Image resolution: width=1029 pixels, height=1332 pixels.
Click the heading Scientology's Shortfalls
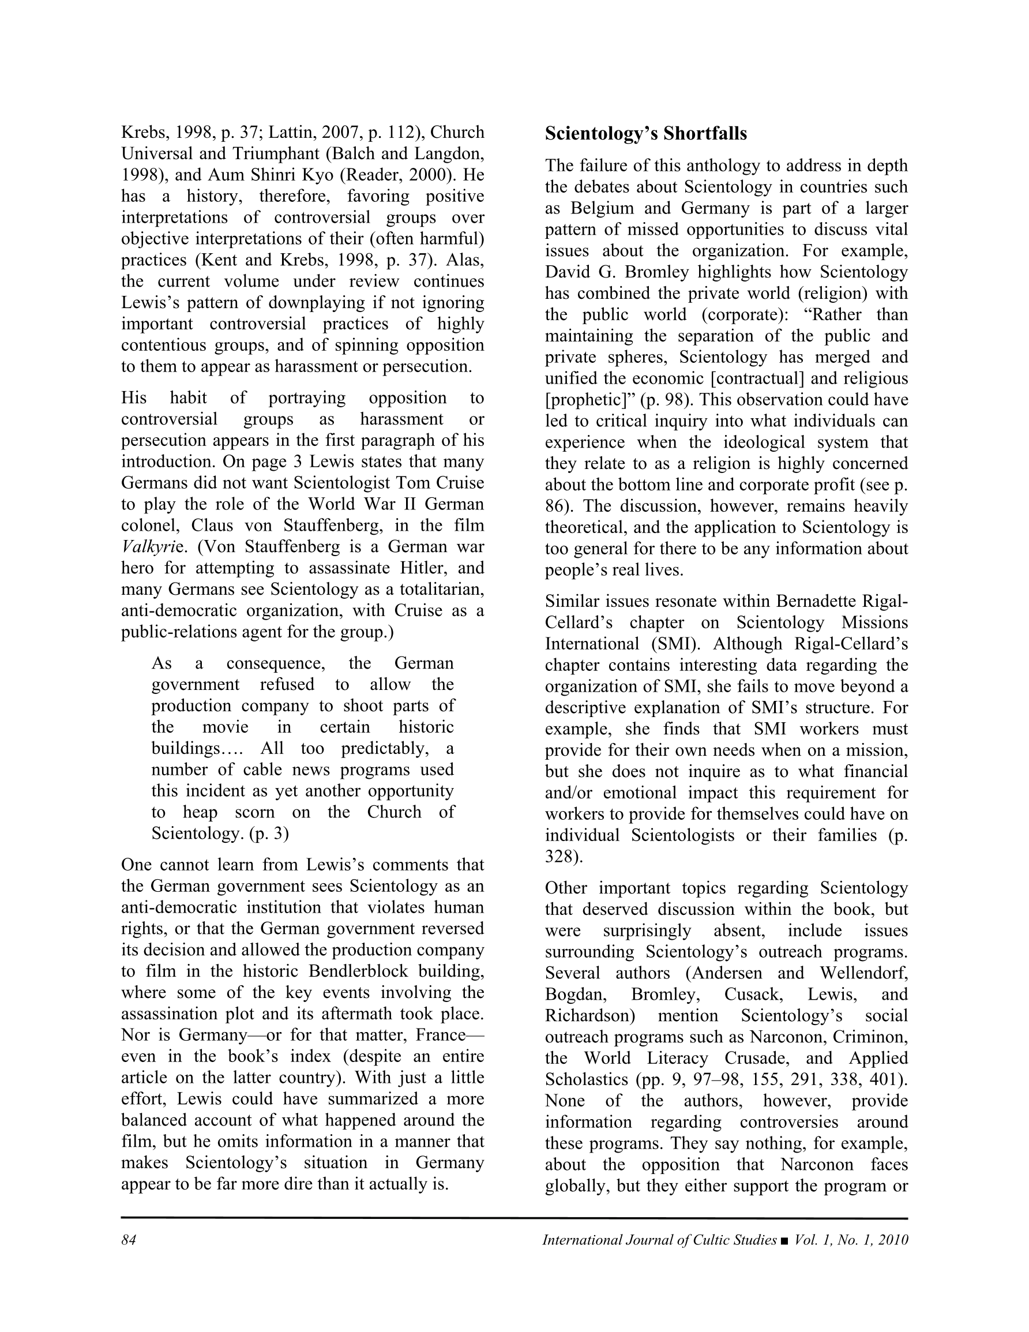645,134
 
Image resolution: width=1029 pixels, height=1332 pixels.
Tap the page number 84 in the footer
128,1240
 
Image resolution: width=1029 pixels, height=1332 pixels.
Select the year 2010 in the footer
893,1240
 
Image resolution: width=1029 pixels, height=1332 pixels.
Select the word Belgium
600,208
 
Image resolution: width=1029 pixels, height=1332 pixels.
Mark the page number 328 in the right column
560,856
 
